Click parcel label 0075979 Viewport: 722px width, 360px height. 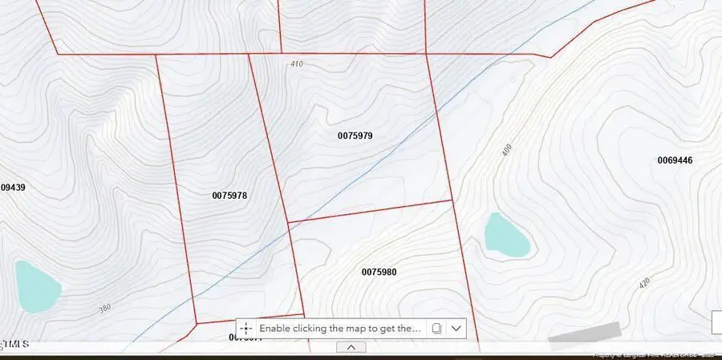355,136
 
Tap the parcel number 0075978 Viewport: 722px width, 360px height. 229,196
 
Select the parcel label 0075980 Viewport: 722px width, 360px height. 379,273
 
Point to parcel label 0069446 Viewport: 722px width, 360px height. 675,160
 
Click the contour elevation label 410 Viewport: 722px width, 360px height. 298,64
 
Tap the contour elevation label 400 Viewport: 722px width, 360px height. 507,150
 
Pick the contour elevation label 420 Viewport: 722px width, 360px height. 643,284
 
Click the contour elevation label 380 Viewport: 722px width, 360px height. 105,308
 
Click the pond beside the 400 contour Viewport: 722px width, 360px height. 507,235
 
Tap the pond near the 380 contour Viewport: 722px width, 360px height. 36,286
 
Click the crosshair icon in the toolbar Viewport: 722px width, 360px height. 246,328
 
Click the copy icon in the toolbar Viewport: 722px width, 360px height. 436,328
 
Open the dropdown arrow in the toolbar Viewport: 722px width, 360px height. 456,328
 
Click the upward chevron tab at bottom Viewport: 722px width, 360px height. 351,347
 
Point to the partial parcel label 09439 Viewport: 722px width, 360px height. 13,188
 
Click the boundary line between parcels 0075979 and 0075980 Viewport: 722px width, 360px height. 369,211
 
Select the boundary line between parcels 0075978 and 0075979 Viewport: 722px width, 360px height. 269,136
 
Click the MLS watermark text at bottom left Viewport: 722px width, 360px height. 16,344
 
